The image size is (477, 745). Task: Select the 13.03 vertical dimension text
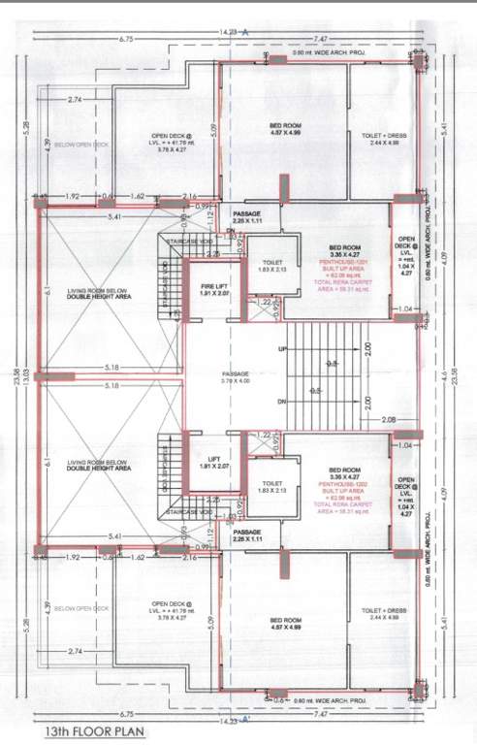point(28,372)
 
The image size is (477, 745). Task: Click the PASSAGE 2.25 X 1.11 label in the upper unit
point(254,217)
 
